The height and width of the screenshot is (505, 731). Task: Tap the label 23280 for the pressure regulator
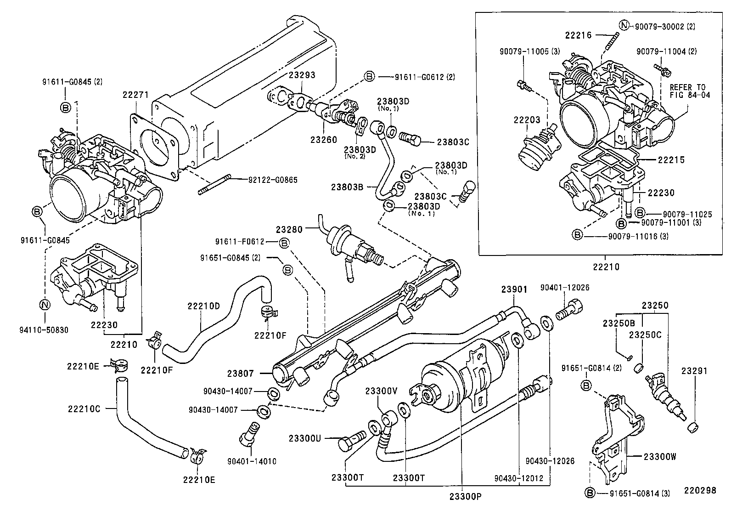pos(289,229)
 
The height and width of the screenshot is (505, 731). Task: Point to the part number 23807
pos(241,374)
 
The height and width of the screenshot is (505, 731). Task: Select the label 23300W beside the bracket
pos(660,457)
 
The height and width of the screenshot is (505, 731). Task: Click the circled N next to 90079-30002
pos(624,26)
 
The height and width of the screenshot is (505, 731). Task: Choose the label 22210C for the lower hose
pos(84,408)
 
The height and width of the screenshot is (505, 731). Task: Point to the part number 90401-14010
pos(252,461)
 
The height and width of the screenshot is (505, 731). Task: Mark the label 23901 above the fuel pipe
pos(514,289)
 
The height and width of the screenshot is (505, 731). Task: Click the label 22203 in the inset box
pos(527,120)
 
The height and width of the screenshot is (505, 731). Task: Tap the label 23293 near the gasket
pos(302,75)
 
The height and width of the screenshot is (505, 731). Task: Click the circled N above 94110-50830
pos(45,304)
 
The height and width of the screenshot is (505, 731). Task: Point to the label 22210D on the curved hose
pos(203,306)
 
